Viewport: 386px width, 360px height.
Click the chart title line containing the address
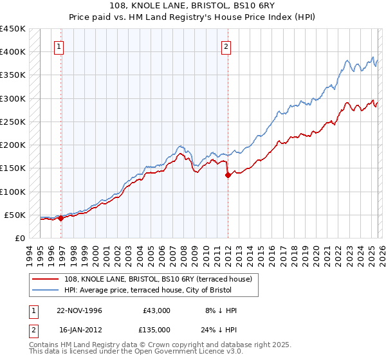click(x=193, y=7)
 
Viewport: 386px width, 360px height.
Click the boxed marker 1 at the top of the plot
click(x=59, y=46)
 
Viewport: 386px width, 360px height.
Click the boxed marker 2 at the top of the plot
click(x=226, y=46)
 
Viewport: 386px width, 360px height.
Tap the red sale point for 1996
click(x=61, y=218)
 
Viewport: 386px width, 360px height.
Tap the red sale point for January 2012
click(x=228, y=175)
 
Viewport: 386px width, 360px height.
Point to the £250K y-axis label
click(x=13, y=122)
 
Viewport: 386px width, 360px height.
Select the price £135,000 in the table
click(x=156, y=329)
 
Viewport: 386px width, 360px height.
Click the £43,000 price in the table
click(x=156, y=310)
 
